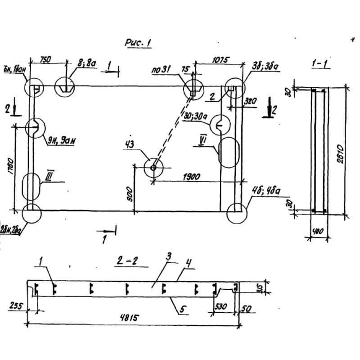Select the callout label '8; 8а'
[86, 64]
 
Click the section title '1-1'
[320, 64]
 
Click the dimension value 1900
[192, 176]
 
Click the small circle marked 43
[153, 168]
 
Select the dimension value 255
[16, 306]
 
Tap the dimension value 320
[250, 103]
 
